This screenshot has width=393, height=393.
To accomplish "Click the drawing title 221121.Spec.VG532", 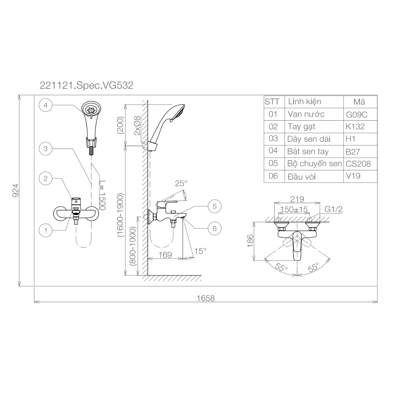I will (86, 84).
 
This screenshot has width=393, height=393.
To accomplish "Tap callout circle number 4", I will (46, 105).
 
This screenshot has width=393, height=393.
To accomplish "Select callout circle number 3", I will (46, 149).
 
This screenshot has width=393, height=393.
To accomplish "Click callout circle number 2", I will (46, 178).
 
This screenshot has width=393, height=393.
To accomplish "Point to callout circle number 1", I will (46, 230).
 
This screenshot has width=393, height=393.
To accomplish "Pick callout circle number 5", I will (215, 206).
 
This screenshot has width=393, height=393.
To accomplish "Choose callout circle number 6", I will (215, 228).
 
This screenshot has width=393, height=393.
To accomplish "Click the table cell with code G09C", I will (356, 114).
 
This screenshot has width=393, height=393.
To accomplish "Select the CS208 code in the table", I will (358, 164).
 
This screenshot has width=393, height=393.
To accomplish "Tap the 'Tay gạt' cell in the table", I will (301, 127).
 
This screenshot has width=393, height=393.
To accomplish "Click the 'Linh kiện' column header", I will (305, 102).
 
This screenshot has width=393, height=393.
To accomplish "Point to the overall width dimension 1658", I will (206, 298).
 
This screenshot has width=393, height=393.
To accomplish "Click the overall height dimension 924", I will (16, 191).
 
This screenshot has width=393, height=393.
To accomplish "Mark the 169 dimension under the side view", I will (165, 255).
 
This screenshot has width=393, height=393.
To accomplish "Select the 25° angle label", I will (181, 183).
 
